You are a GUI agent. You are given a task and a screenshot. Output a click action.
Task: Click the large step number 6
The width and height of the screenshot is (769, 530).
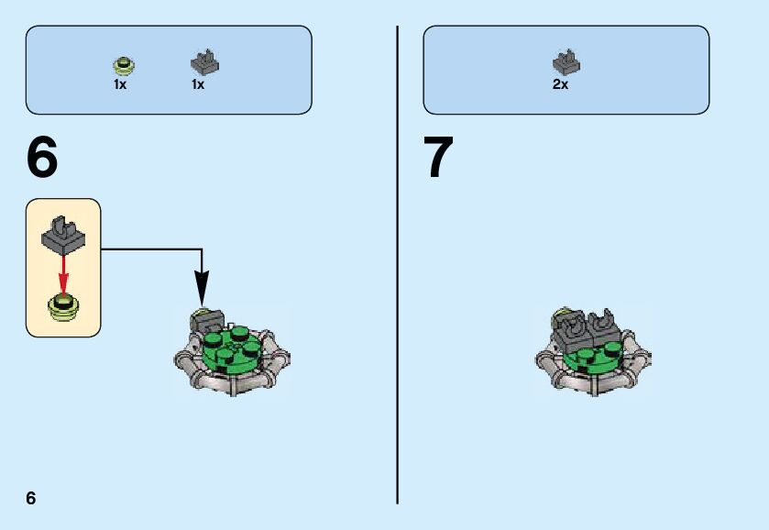point(42,158)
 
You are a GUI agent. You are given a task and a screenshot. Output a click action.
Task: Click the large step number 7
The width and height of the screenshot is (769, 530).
point(438,158)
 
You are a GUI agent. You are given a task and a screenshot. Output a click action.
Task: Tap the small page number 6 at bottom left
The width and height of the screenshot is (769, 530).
point(31,498)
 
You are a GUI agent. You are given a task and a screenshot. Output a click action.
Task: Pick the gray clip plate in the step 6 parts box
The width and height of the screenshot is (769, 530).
point(204,62)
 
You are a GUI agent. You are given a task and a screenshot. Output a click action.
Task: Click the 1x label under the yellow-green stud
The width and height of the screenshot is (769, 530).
point(120,84)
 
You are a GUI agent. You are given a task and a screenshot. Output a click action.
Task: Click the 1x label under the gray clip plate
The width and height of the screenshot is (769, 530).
point(197,84)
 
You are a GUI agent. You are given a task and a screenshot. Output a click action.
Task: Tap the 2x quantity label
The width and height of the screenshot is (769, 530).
point(560,84)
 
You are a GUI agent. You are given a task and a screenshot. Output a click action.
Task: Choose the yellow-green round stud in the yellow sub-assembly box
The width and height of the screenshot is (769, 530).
point(63,305)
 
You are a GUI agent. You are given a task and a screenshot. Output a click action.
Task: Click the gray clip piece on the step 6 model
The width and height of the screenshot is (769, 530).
point(206,322)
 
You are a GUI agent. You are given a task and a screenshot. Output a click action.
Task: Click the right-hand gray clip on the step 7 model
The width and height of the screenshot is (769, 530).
point(606,330)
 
